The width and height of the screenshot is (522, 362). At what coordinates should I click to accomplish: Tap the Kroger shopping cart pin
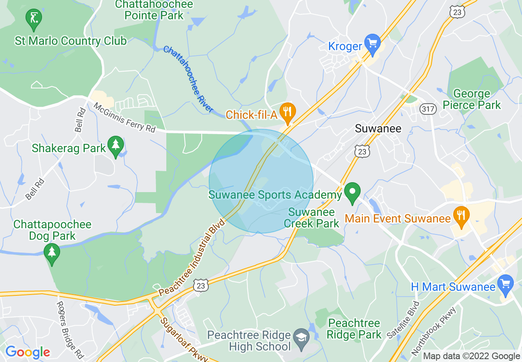click(x=373, y=44)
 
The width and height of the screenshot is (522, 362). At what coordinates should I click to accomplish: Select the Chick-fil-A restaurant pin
click(x=287, y=112)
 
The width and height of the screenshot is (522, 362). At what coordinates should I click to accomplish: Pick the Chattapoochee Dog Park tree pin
click(x=52, y=253)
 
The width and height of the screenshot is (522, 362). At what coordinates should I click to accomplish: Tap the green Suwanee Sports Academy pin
click(x=352, y=193)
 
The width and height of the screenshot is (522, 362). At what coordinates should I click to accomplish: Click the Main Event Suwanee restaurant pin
click(x=461, y=216)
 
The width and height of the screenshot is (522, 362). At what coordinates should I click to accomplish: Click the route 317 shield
click(x=428, y=109)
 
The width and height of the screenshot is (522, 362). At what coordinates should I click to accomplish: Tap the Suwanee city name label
click(x=378, y=129)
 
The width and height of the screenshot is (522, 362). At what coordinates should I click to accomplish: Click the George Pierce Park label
click(x=471, y=99)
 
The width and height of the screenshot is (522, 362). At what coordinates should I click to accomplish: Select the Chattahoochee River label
click(x=189, y=79)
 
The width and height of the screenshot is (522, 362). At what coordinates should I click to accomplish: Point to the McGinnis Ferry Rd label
click(x=124, y=118)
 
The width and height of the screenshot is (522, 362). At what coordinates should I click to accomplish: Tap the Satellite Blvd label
click(x=403, y=320)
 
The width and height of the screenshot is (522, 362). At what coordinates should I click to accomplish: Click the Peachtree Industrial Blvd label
click(x=192, y=257)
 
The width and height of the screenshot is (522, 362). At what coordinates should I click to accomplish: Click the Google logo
click(x=28, y=352)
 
